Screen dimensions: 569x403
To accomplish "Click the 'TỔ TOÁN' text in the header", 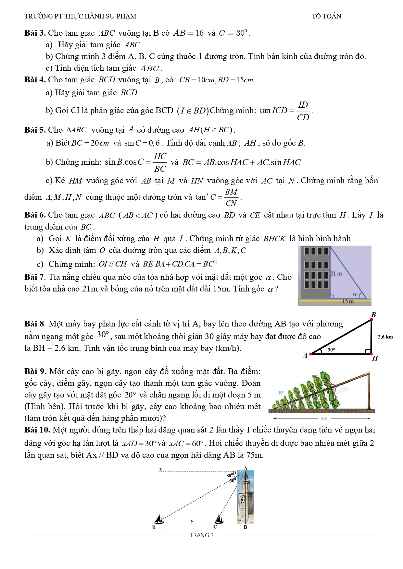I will [x=326, y=16].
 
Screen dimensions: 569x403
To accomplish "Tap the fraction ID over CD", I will [x=303, y=111].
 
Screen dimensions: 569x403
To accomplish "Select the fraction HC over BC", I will [x=160, y=162].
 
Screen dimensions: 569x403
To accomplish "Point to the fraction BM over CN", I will [x=231, y=197].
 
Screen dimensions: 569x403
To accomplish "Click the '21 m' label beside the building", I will [x=336, y=274].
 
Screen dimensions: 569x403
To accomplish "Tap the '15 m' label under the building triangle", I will [x=347, y=302].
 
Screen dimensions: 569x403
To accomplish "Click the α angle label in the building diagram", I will [x=355, y=294].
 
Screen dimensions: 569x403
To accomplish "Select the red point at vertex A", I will [x=311, y=354].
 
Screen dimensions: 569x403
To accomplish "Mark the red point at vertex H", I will [x=371, y=354].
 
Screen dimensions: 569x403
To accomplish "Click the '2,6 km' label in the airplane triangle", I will [x=385, y=337].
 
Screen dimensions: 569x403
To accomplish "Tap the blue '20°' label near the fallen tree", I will [x=281, y=393].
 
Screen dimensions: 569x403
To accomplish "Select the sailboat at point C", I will [x=220, y=519].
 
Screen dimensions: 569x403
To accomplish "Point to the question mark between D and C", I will [x=192, y=522].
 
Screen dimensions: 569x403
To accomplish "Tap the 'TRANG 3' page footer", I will [x=202, y=535].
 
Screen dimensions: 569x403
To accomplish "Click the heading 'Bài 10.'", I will [x=37, y=430].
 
